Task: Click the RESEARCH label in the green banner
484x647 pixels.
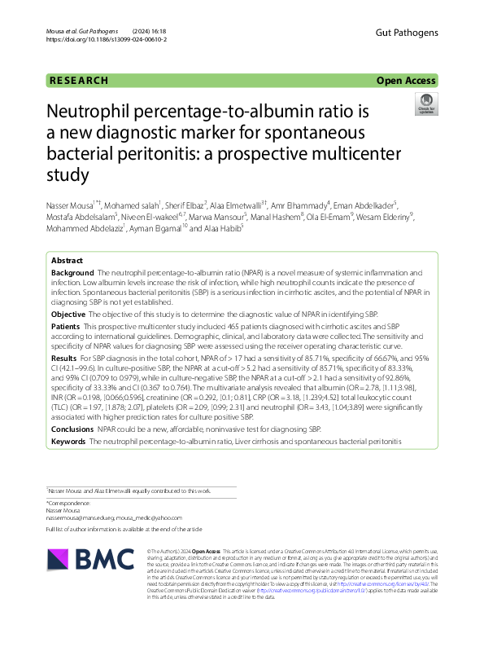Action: point(79,81)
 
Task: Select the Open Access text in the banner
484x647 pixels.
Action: point(407,81)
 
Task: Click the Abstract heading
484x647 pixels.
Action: point(67,260)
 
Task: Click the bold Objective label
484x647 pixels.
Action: point(68,314)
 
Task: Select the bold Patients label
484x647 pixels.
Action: point(67,326)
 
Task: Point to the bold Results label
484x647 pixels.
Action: point(64,358)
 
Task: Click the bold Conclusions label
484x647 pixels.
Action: point(72,429)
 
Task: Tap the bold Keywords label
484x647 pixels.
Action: point(69,441)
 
